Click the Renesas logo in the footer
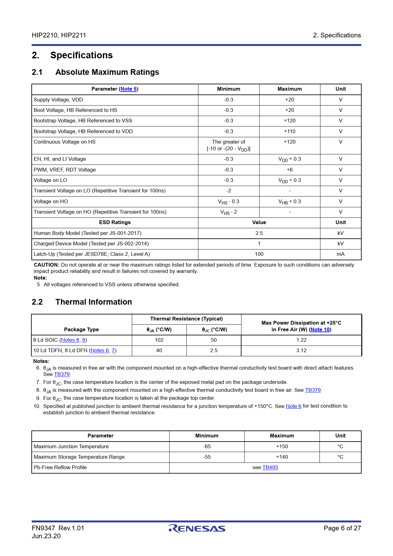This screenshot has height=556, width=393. (197, 528)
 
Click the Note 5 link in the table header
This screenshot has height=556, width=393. (128, 89)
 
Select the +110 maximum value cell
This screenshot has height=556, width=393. (289, 132)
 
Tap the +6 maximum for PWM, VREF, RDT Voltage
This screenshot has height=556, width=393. (289, 170)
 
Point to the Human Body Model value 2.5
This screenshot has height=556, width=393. (259, 233)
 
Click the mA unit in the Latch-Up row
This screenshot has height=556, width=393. (340, 254)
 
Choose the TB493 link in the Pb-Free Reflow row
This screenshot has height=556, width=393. (270, 468)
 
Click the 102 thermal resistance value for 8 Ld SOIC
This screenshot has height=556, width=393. (159, 340)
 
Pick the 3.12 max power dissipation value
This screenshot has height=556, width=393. (301, 351)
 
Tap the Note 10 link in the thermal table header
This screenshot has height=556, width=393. (320, 330)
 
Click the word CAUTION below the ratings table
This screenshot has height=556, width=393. (46, 265)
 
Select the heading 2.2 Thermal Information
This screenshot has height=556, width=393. (82, 302)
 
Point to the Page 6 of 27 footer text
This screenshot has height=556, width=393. (342, 528)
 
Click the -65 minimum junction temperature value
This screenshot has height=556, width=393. (207, 447)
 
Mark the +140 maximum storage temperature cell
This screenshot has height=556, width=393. (282, 457)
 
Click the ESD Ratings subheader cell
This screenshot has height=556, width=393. (115, 223)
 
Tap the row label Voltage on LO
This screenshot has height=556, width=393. (50, 180)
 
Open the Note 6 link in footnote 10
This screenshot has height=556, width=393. (293, 406)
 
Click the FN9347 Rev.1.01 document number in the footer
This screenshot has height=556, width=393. (58, 528)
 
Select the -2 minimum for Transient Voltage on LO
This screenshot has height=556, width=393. (229, 191)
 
